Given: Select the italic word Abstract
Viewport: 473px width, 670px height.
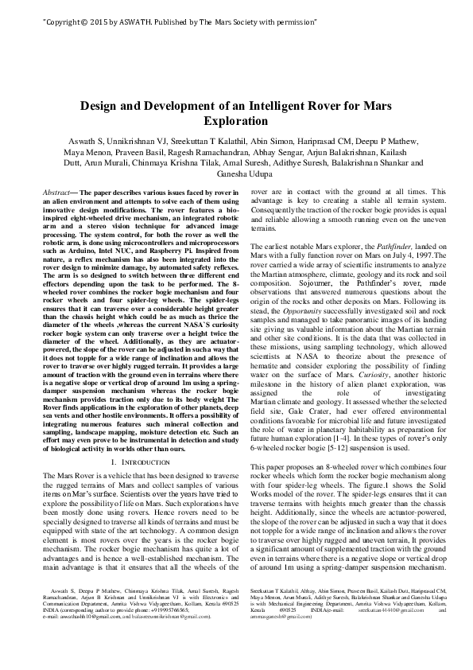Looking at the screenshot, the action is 56,193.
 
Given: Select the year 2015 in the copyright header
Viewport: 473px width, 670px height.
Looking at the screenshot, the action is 91,14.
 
